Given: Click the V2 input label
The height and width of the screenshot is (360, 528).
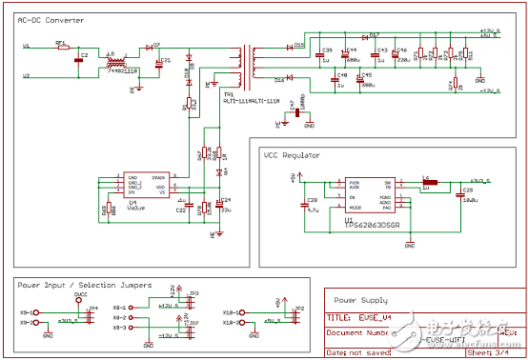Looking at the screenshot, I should (26, 74).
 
